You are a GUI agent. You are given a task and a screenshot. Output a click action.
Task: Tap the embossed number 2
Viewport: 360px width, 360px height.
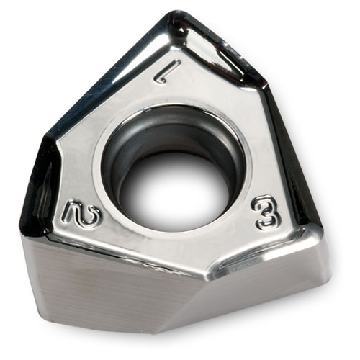point(81,214)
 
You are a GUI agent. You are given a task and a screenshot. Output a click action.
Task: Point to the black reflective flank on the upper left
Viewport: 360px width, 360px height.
point(101,79)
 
